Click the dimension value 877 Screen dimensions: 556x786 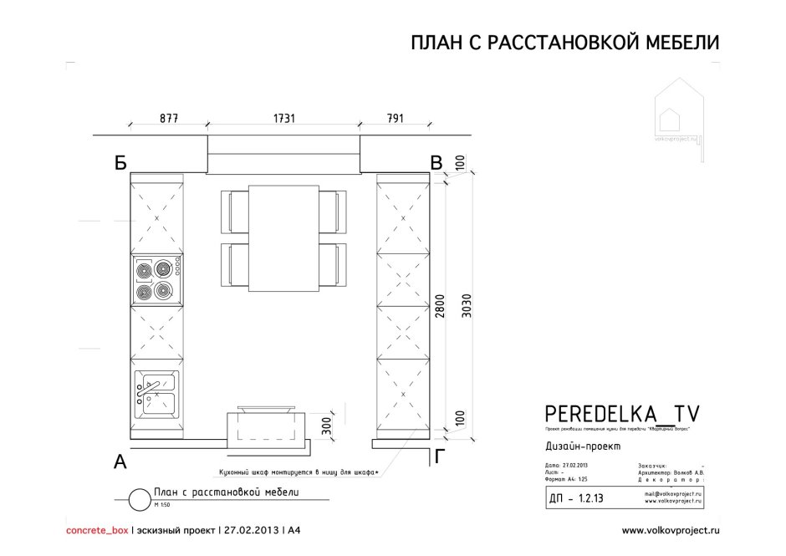pyautogui.click(x=168, y=118)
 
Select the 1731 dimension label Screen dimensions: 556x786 pyautogui.click(x=284, y=118)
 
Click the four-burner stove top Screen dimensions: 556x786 pyautogui.click(x=156, y=280)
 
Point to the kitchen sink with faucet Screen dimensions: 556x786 pyautogui.click(x=156, y=394)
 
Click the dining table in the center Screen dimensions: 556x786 pyautogui.click(x=283, y=239)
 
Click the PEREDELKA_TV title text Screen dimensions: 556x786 pyautogui.click(x=622, y=412)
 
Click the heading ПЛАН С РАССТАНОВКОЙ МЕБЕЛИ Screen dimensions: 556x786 pyautogui.click(x=564, y=43)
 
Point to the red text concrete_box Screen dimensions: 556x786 pyautogui.click(x=97, y=530)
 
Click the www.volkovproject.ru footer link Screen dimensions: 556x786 pyautogui.click(x=671, y=530)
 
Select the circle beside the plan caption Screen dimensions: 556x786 pyautogui.click(x=138, y=498)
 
